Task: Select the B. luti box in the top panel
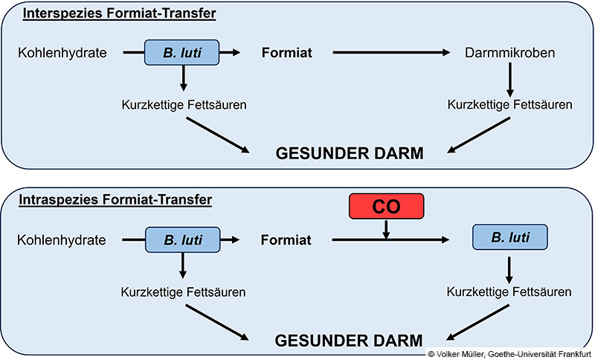pos(183,53)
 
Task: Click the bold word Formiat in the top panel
pos(285,53)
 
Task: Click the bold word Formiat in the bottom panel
pos(285,240)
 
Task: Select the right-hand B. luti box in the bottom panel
pos(509,238)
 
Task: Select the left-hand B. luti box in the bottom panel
pos(183,240)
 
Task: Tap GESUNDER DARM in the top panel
pos(350,154)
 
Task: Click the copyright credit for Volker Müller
pos(511,354)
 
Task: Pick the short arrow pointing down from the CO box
pos(386,230)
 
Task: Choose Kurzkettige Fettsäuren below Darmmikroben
pos(509,105)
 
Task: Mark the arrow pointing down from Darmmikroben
pos(509,78)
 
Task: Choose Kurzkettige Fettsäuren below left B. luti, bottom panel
pos(183,291)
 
